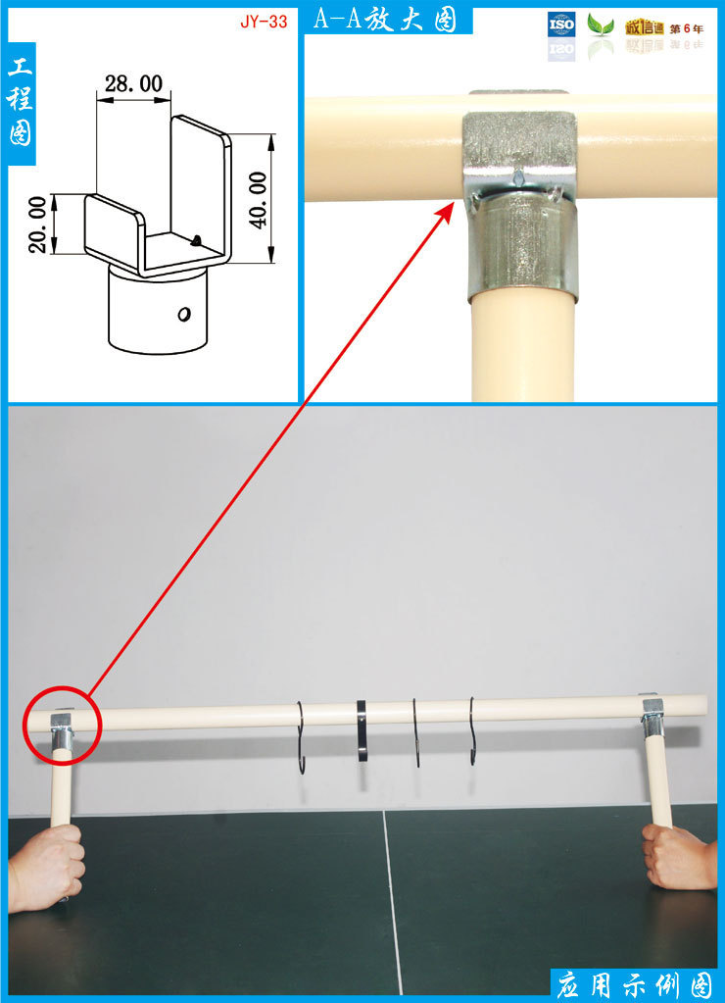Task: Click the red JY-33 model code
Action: coord(264,22)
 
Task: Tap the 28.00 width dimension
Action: coord(133,83)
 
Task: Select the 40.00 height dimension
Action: coord(258,200)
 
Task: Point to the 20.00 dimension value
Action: coord(38,225)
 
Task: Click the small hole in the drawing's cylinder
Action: coord(184,314)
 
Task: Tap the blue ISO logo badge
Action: coord(561,25)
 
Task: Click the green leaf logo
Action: coord(601,25)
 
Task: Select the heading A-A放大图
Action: coord(385,20)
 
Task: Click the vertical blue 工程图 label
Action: coord(21,102)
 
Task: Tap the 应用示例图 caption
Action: coord(634,985)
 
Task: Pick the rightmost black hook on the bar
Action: coord(472,729)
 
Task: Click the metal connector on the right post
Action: coord(652,716)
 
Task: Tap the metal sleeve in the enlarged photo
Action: coord(523,247)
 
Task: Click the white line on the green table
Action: coord(391,902)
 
